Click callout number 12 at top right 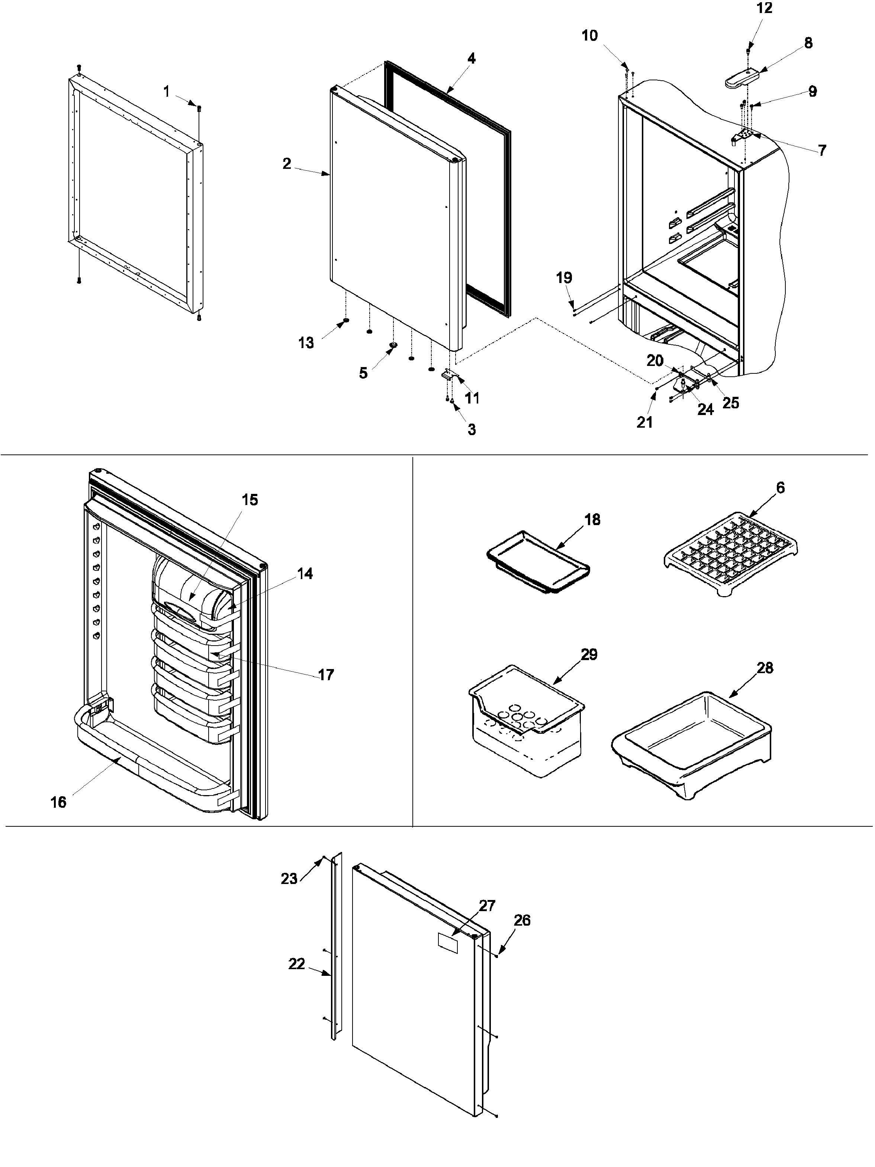[x=764, y=9]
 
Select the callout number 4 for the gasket [x=471, y=58]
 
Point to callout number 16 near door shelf [x=58, y=803]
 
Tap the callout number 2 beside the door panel [x=286, y=164]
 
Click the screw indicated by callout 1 [x=199, y=108]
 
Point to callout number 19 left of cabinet [x=564, y=278]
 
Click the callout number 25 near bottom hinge [x=730, y=403]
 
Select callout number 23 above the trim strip [x=289, y=878]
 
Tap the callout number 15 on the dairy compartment [x=250, y=500]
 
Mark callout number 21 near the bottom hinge [x=644, y=422]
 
